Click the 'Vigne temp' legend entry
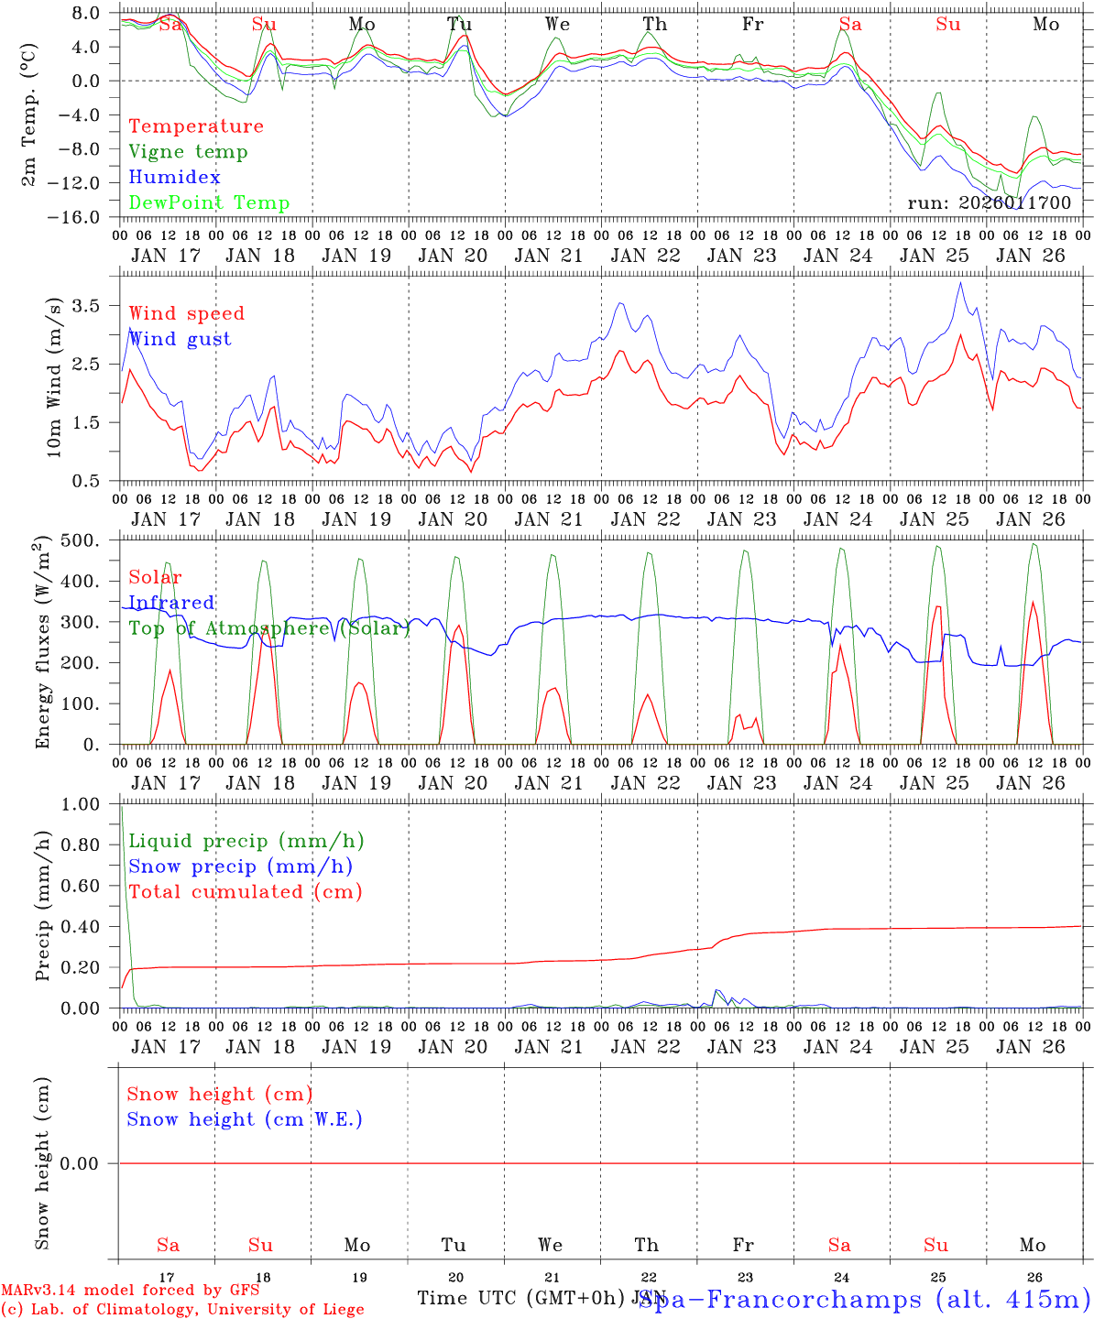pos(188,152)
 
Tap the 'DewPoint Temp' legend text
pos(209,203)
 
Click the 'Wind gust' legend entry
pos(180,340)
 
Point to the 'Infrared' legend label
pos(171,603)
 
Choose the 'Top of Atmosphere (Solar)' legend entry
pos(269,628)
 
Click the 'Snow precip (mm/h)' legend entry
pos(240,867)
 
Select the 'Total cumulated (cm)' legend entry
pos(246,892)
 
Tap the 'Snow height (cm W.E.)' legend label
pos(245,1119)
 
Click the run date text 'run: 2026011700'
pos(989,203)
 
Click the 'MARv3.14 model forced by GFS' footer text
pos(129,1291)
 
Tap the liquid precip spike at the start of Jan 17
pos(122,810)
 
